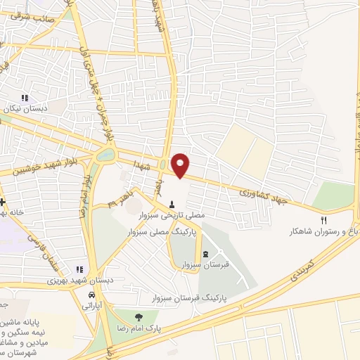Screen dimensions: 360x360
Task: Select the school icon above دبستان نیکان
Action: point(26,98)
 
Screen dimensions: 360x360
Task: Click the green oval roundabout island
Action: point(105,154)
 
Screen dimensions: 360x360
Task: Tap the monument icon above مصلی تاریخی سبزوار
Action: point(172,205)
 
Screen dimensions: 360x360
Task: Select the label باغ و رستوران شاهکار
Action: point(325,231)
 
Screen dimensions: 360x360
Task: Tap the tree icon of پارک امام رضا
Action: point(138,318)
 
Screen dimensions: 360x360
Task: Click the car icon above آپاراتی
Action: point(91,296)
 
